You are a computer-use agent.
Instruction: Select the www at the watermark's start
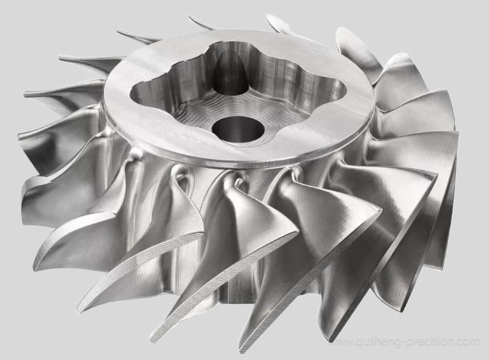pos(341,343)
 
